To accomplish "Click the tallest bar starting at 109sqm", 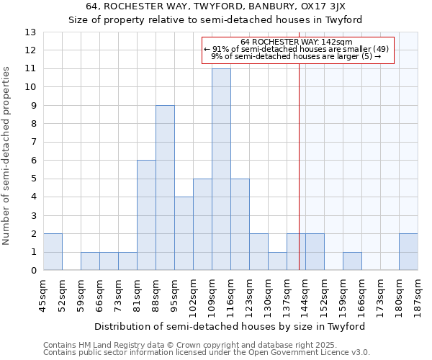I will (221, 169).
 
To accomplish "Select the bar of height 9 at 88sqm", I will (165, 188).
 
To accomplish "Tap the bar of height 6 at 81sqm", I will (146, 215).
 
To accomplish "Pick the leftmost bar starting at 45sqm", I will (53, 252).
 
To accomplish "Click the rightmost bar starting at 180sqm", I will (408, 252).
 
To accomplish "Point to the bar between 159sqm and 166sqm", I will (352, 261).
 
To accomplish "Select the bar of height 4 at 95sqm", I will (184, 233).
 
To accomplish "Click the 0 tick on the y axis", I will (33, 271).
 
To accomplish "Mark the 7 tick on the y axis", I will (33, 143).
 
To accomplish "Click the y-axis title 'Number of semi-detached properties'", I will (7, 156).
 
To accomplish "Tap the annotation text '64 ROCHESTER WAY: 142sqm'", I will (297, 42).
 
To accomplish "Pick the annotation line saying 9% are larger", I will (297, 57).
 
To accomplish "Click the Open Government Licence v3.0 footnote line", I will (207, 353).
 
